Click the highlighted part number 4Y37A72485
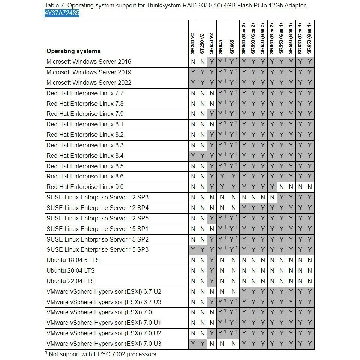coord(62,13)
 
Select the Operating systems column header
coord(73,51)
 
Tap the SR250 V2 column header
coord(193,43)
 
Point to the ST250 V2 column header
coord(202,43)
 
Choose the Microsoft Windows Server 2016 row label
coord(89,61)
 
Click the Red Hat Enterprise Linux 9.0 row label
coord(85,187)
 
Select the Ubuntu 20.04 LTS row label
coord(70,270)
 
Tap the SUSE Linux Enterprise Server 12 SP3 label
coord(97,197)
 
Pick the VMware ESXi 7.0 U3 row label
coord(104,343)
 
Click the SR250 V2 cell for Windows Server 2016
coord(193,62)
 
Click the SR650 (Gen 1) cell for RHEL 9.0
coord(310,187)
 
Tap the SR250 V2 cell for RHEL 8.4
coord(193,156)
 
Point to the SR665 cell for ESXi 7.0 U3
coord(234,343)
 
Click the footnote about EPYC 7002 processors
coord(100,354)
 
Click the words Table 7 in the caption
coord(54,5)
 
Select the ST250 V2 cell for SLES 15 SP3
coord(202,250)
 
